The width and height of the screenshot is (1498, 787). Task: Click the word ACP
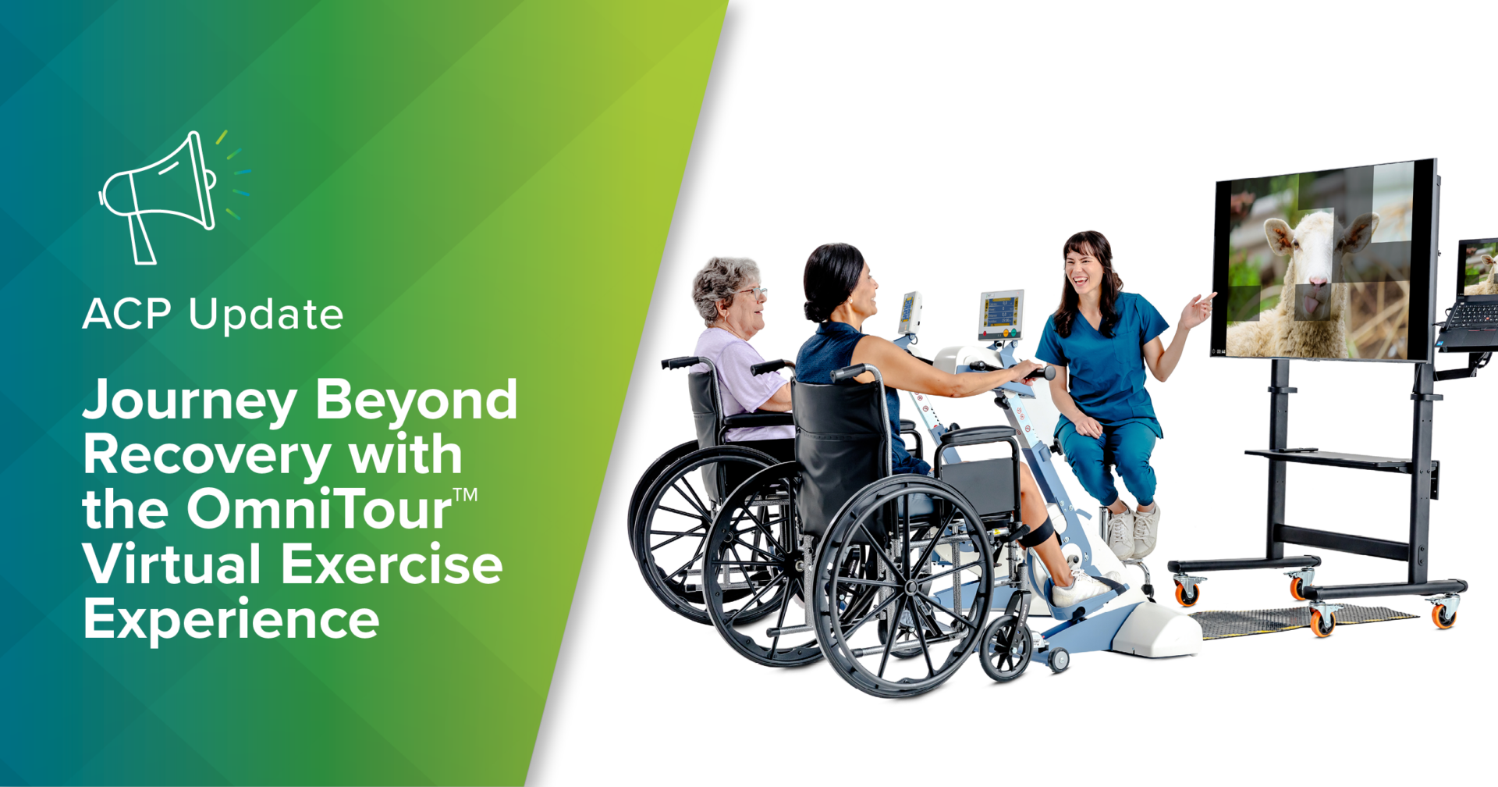[x=126, y=315]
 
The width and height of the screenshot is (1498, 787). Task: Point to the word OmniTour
[x=318, y=510]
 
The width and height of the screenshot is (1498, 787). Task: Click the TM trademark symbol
[x=466, y=494]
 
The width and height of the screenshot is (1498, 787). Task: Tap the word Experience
[x=231, y=621]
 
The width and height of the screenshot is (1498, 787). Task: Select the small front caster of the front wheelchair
[x=1006, y=651]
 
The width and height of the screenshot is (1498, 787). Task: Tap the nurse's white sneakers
[x=1131, y=532]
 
